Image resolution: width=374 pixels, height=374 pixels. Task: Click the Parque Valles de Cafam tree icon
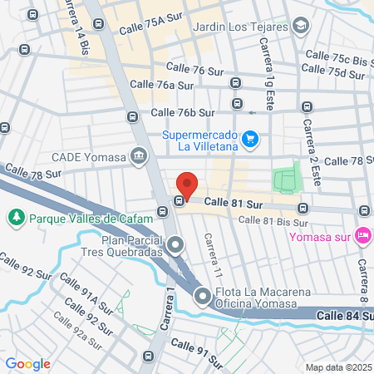(x=15, y=218)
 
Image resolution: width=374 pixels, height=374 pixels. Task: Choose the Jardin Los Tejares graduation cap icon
(x=300, y=26)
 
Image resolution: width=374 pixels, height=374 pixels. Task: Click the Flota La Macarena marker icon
(x=203, y=296)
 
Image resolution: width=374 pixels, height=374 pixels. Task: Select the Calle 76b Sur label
(x=183, y=112)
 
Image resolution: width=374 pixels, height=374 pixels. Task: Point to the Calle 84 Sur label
(x=346, y=315)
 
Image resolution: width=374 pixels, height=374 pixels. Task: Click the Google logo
(x=28, y=364)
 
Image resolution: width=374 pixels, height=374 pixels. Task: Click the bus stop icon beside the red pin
(x=178, y=201)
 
